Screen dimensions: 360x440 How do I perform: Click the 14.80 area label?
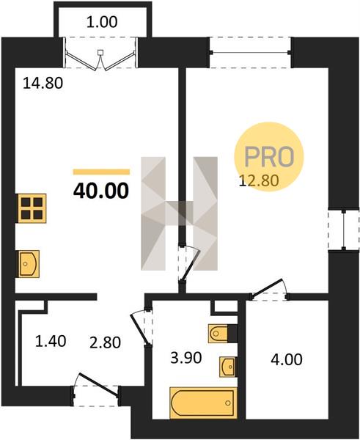pos(43,83)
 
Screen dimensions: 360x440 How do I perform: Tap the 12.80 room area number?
pos(259,180)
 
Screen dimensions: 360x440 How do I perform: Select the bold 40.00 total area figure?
pos(101,191)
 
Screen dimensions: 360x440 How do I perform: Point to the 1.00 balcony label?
pos(102,22)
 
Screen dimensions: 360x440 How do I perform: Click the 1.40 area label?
pos(51,341)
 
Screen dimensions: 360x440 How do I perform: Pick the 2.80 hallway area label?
pos(106,342)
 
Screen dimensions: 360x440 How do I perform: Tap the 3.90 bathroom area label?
pos(186,358)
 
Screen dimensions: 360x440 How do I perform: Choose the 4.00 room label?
pos(287,359)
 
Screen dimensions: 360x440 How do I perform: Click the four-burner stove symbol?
pos(32,208)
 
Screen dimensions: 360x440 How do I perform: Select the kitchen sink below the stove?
pos(29,264)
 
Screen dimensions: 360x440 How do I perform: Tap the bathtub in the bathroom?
pos(203,403)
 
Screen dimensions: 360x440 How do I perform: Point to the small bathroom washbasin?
pos(227,367)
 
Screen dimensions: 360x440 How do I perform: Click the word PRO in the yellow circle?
pos(269,156)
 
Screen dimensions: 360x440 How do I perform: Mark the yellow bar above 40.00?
pos(102,172)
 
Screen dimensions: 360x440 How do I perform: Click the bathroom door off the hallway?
pos(142,328)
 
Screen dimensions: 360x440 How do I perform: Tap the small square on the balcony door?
pos(100,52)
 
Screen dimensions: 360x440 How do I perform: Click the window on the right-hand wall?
pos(343,230)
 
